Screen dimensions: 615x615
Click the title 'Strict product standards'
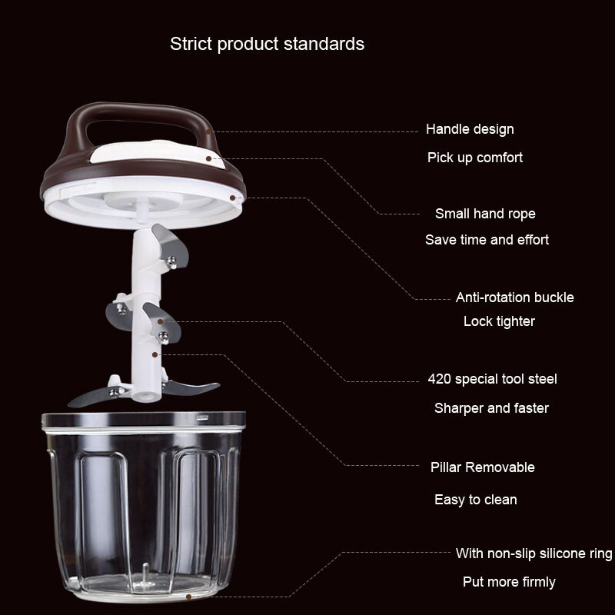coord(267,44)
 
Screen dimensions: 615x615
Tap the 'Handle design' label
coord(470,129)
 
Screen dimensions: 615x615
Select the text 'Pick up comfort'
coord(475,158)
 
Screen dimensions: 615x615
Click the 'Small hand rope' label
coord(485,214)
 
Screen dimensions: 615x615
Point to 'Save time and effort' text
coord(487,239)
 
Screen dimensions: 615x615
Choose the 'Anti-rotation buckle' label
coord(514,298)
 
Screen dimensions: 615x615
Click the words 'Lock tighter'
coord(499,321)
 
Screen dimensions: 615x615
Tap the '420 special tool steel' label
coord(492,379)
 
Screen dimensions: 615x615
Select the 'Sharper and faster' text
coord(491,408)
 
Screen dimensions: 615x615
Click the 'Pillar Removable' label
coord(483,467)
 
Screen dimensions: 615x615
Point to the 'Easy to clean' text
coord(475,499)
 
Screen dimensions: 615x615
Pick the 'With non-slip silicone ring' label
coord(534,553)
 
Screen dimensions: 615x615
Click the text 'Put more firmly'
coord(509,582)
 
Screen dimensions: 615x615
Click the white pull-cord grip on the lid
coord(157,152)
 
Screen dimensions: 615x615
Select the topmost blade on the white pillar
coord(171,246)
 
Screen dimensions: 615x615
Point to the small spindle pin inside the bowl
coord(145,574)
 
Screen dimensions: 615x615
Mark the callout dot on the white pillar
coord(155,354)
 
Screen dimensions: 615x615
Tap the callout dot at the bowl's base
coord(188,597)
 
